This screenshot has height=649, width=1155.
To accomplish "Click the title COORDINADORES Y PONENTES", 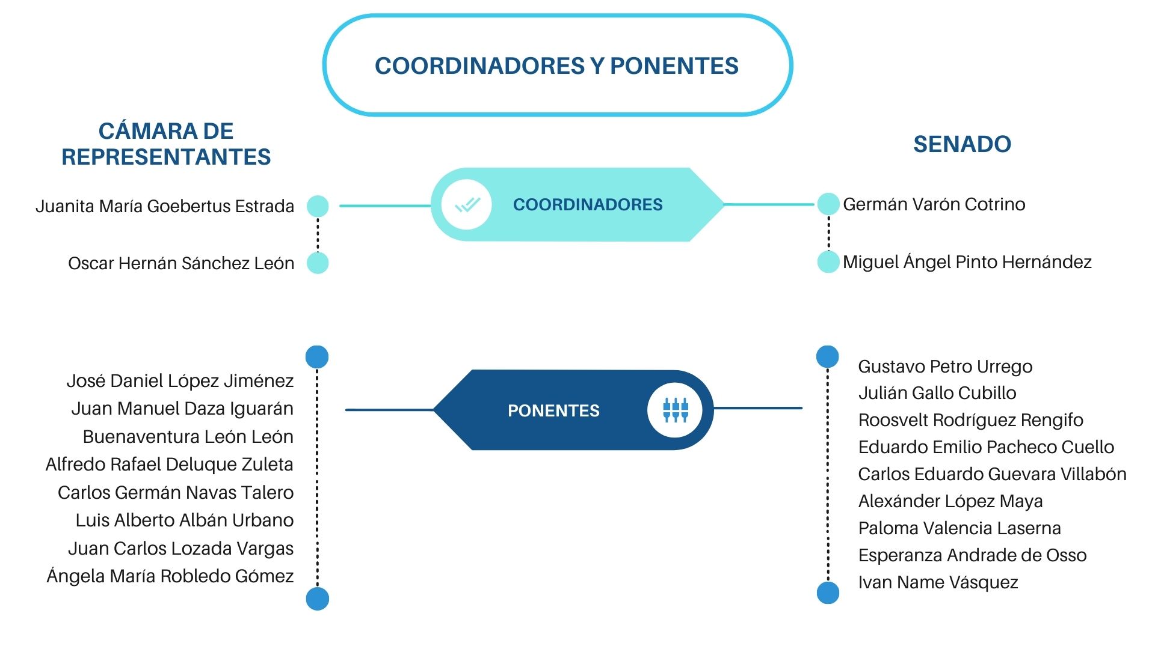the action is (556, 66).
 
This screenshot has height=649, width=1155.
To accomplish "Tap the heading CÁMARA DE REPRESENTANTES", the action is (166, 144).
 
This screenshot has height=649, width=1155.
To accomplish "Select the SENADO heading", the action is (962, 144).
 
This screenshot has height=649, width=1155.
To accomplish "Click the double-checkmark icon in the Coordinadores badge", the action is (467, 205).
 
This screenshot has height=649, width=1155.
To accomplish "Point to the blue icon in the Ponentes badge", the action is (675, 410).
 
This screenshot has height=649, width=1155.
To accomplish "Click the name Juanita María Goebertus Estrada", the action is (165, 207).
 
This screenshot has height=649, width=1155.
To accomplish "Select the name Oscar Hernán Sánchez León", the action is (181, 263).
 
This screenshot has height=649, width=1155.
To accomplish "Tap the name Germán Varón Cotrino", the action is (934, 204).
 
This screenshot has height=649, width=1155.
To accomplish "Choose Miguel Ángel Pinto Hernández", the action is (967, 262).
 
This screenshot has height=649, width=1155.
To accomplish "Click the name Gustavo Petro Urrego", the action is (945, 367).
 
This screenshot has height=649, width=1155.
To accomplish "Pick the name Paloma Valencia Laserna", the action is (959, 528).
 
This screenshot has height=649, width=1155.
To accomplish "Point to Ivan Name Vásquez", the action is (938, 582).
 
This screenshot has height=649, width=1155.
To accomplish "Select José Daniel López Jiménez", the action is (180, 381).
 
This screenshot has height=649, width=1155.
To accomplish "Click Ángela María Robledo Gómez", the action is (170, 576).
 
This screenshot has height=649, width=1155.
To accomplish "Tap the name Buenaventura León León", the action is (188, 437).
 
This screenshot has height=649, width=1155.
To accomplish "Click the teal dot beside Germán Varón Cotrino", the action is (828, 204).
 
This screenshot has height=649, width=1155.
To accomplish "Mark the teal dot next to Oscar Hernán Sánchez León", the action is (318, 263).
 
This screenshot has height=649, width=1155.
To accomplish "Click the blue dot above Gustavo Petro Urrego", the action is (828, 356).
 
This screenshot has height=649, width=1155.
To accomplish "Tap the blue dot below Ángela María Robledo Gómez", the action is (318, 599).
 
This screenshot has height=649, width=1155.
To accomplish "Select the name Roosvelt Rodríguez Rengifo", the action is (970, 421).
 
